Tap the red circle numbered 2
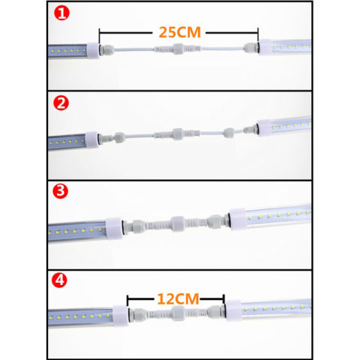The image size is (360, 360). [x=59, y=102]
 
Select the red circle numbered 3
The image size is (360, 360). [x=59, y=190]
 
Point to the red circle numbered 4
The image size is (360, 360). [x=59, y=282]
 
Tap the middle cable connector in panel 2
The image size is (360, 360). [x=178, y=133]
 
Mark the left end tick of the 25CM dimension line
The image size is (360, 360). [x=100, y=34]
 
